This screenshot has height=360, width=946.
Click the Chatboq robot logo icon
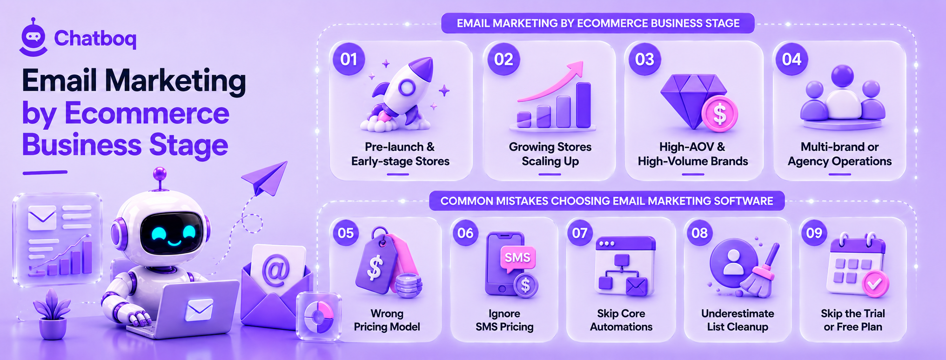[x=34, y=38]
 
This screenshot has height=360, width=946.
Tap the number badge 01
[x=349, y=59]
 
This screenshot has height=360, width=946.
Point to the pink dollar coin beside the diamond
[x=719, y=113]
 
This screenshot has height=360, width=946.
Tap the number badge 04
[x=792, y=59]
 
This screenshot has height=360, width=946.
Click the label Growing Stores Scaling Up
[x=550, y=154]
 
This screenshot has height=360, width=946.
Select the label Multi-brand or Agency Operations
[x=839, y=154]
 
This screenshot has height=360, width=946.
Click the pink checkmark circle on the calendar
[x=875, y=283]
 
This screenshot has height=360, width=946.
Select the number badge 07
[x=580, y=233]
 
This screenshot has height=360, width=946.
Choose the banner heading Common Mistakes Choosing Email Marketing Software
[x=607, y=201]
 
